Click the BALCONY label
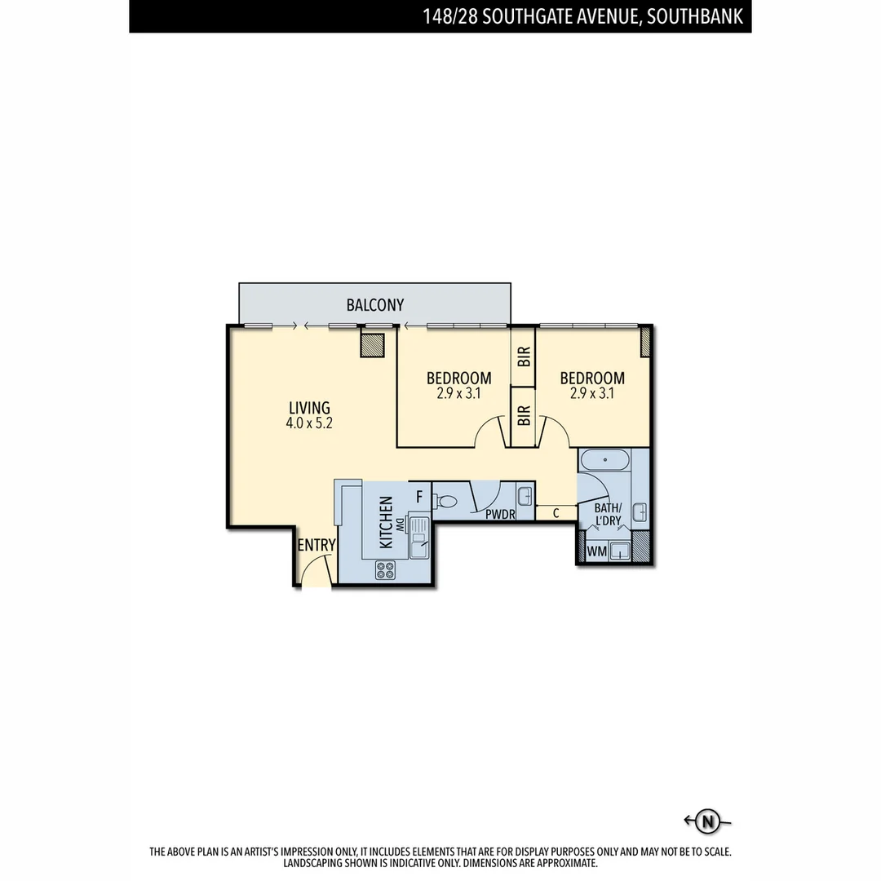coord(375,305)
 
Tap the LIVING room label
coord(309,407)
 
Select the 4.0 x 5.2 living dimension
coord(309,423)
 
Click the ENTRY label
coord(316,545)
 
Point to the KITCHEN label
coord(386,522)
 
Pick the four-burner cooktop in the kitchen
coord(385,570)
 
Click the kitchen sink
coord(418,539)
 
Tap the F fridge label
coord(419,495)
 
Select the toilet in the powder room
coord(446,502)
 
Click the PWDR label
coord(499,514)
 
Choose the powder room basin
coord(525,495)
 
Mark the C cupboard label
coord(556,513)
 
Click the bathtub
coord(604,460)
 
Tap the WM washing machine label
coord(597,551)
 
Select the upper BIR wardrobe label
coord(524,356)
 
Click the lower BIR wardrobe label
coord(524,416)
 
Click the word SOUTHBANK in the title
coord(697,16)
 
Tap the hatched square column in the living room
coord(372,345)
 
